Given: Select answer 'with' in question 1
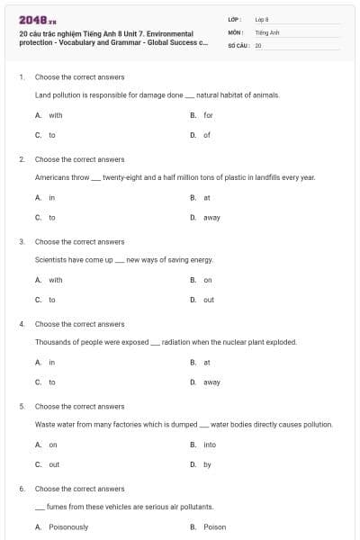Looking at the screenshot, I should point(56,115).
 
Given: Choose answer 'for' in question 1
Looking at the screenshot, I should point(208,115).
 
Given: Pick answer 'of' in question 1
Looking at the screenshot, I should point(207,135).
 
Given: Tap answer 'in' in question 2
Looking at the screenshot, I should point(51,197).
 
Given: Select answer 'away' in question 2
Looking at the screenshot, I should point(211,217).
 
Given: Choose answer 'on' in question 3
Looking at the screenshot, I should point(208,280).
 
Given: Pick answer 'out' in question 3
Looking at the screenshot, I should point(209,300).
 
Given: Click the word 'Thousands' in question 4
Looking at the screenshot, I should point(53,342).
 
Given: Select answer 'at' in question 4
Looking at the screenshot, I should point(207,362).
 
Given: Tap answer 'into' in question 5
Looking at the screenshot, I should point(210,445).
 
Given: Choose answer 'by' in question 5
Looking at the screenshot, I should point(207,464).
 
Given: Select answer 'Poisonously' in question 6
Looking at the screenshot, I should point(68,526).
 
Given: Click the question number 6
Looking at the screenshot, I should point(22,489).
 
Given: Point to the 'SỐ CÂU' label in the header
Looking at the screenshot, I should point(238,43).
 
